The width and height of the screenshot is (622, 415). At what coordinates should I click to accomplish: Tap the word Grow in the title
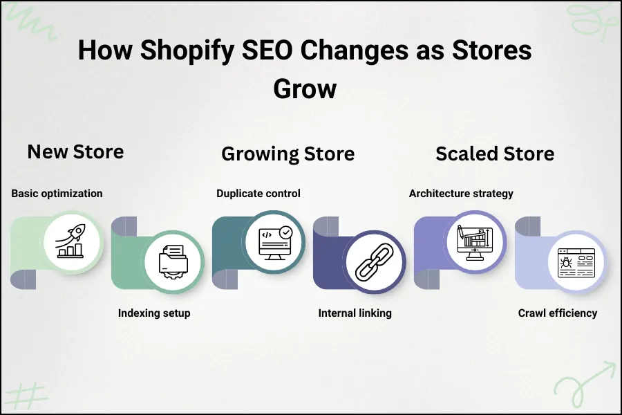click(305, 89)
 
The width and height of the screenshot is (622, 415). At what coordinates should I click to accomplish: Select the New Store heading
click(75, 151)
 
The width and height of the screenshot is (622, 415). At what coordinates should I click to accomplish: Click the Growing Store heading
click(288, 154)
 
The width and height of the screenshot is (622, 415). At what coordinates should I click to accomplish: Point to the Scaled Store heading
click(494, 154)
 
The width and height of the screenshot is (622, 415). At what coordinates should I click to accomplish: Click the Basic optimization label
click(57, 193)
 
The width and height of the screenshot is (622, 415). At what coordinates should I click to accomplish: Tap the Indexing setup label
click(154, 313)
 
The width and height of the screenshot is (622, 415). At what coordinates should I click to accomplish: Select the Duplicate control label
click(258, 193)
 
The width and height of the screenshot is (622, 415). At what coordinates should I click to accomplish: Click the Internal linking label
click(355, 313)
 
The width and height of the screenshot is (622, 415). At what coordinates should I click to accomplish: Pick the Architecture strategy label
click(461, 193)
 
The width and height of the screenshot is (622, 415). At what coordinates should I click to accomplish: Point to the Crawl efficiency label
click(558, 313)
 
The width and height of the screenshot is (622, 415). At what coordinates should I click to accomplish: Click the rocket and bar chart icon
click(72, 241)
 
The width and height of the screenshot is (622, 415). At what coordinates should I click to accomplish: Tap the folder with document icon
click(173, 261)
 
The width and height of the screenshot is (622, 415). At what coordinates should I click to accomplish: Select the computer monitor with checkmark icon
click(274, 241)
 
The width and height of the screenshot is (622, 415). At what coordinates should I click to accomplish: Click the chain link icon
click(374, 261)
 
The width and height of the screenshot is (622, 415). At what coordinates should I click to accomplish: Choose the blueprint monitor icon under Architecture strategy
click(475, 241)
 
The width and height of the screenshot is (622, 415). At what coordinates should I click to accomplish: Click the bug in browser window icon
click(576, 261)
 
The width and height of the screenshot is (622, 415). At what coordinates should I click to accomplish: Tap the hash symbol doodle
click(28, 394)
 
